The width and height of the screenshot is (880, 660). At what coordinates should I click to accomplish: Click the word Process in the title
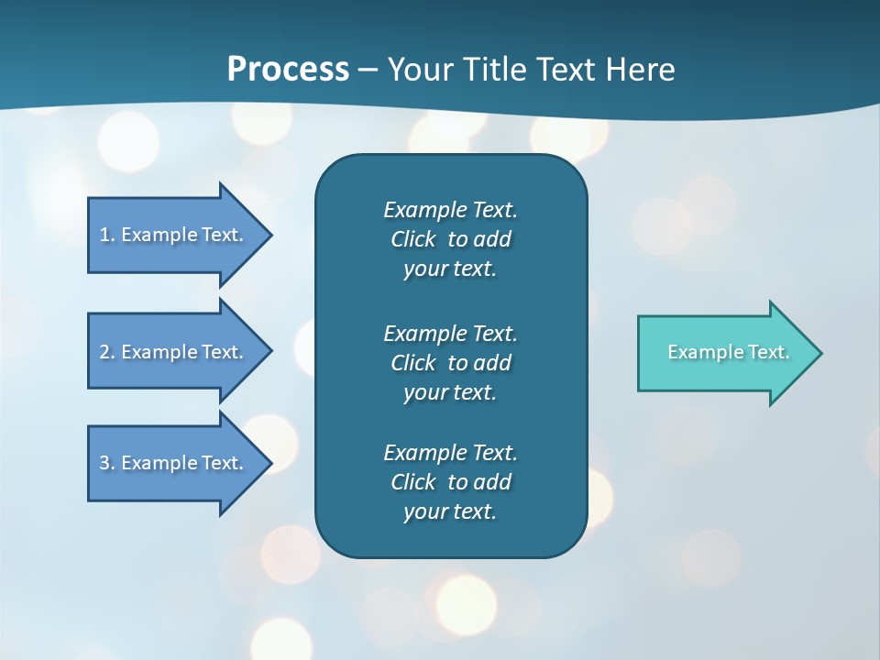pos(288,70)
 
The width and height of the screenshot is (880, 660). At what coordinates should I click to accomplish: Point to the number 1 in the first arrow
pos(104,235)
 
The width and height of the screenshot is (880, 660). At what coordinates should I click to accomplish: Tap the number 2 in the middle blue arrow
pos(104,352)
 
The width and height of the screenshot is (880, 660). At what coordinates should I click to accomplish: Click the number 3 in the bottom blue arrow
pos(104,463)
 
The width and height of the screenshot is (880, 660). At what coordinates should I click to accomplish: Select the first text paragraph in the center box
pos(450,239)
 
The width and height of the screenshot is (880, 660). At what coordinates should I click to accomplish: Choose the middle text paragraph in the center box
pos(450,363)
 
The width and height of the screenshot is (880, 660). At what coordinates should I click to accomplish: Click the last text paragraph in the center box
pos(450,482)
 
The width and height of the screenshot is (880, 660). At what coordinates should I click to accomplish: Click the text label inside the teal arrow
pos(728,352)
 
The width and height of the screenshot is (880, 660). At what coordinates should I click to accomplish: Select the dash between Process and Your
pos(368,71)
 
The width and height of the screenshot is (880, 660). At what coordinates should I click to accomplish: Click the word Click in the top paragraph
pos(413,239)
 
